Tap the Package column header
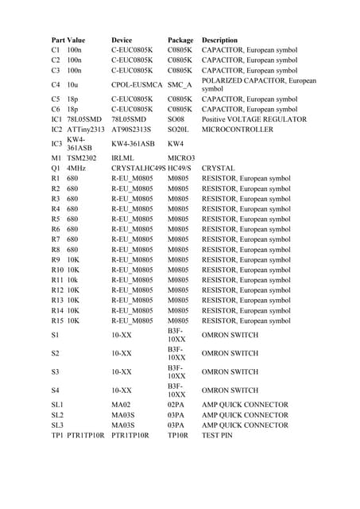180,39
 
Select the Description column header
225,39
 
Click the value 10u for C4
74,84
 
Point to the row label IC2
56,129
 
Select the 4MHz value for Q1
76,169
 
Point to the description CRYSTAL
219,169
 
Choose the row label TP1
56,436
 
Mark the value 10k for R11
73,280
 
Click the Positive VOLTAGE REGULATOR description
254,119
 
